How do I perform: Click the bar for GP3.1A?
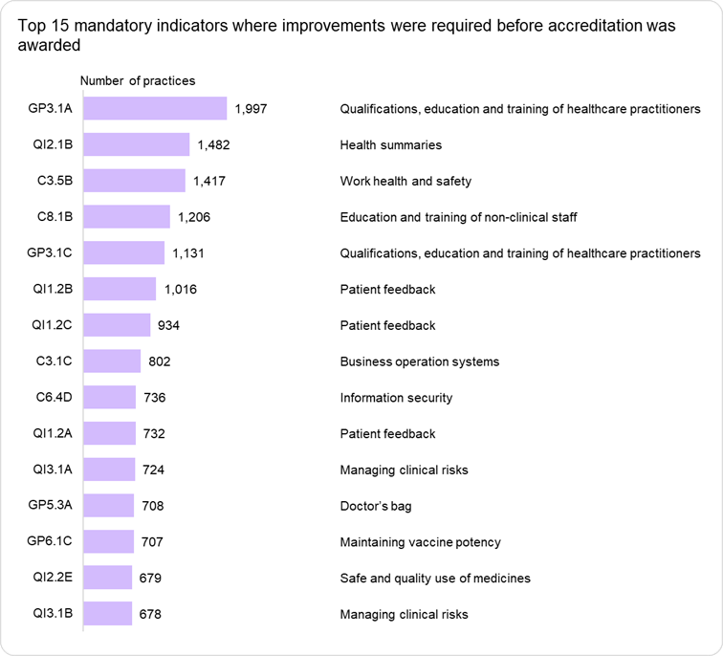(x=155, y=108)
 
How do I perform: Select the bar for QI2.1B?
(x=137, y=144)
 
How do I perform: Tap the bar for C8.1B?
(x=127, y=217)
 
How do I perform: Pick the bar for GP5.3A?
(x=109, y=506)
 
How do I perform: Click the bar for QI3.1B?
(x=108, y=614)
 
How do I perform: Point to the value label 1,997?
(x=251, y=109)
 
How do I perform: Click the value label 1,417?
(x=209, y=181)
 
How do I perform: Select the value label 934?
(x=168, y=325)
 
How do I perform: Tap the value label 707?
(x=152, y=542)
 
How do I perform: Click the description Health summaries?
(x=391, y=145)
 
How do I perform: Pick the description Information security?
(x=396, y=398)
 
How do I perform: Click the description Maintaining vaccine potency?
(x=420, y=542)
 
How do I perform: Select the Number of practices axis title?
(x=137, y=81)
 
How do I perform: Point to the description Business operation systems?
(x=420, y=361)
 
